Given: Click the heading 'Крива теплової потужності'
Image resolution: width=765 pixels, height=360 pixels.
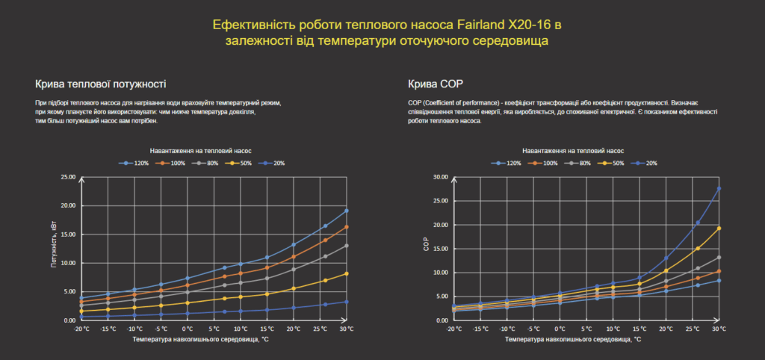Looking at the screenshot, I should click(x=100, y=84).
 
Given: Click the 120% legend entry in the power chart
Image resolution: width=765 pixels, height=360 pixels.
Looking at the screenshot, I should click(x=137, y=163).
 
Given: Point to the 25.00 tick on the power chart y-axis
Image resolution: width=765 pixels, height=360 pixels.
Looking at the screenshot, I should click(x=67, y=177).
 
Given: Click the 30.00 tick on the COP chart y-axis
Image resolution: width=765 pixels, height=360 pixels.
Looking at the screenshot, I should click(x=440, y=177).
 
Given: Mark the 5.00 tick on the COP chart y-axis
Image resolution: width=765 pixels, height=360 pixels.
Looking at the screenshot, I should click(x=440, y=297).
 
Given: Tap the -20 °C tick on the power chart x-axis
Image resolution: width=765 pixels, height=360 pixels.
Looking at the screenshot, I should click(x=81, y=329).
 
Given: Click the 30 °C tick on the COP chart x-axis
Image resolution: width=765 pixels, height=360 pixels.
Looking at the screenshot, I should click(x=719, y=329).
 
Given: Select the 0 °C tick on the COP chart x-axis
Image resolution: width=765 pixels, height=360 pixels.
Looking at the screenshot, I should click(x=560, y=329).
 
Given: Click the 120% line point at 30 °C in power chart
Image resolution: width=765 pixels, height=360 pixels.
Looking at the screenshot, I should click(x=346, y=211).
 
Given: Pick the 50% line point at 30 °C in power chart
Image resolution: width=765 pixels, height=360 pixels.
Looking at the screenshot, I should click(x=346, y=274).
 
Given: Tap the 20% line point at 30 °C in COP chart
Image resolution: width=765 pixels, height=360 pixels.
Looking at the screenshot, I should click(x=719, y=188).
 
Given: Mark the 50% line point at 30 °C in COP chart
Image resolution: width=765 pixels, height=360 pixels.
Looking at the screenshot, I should click(x=719, y=228).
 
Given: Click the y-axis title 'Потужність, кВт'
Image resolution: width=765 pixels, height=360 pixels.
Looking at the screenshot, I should click(x=54, y=249).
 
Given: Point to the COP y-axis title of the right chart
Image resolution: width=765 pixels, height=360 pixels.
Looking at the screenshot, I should click(x=427, y=249).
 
